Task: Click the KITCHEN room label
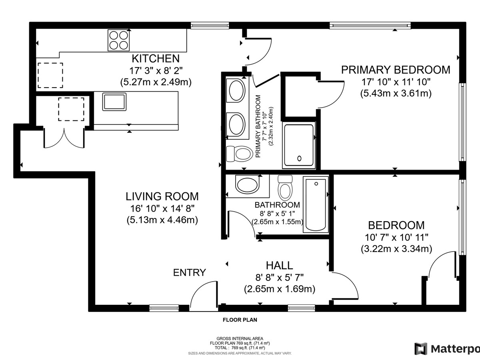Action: tap(156, 58)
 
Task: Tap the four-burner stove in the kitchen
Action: tap(118, 40)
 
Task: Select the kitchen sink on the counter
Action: tap(114, 102)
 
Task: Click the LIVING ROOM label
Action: tap(162, 196)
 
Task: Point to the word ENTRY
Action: tap(189, 272)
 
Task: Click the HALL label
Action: tap(279, 266)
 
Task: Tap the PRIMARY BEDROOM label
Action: tap(396, 70)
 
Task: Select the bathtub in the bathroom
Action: tap(316, 204)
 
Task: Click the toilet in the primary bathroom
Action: tap(239, 154)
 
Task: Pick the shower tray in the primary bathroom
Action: tap(299, 146)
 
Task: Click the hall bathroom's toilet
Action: tap(285, 188)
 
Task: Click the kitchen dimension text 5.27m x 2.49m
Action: tap(156, 82)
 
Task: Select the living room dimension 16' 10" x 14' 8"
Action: tap(162, 208)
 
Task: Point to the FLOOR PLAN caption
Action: tap(240, 320)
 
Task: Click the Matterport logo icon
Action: tap(421, 349)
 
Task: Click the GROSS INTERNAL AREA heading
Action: tap(240, 338)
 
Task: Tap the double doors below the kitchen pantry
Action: tap(64, 138)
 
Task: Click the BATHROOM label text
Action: tap(277, 205)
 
